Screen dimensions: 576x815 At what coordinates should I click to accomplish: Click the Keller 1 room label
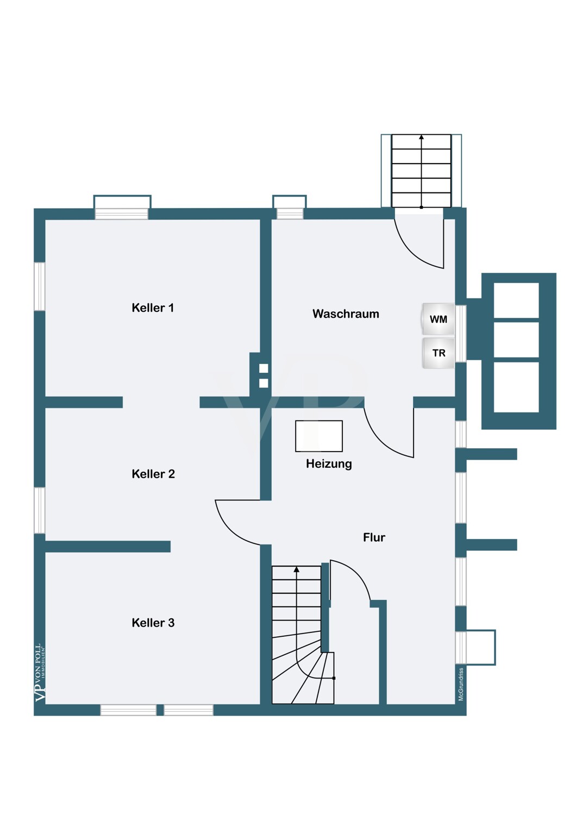(x=153, y=308)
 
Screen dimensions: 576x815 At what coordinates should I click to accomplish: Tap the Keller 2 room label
(x=153, y=474)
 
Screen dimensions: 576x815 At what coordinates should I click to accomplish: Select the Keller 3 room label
(x=153, y=623)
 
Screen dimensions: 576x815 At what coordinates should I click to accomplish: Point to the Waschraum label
(x=346, y=314)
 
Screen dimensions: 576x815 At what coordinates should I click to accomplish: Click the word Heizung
(x=329, y=464)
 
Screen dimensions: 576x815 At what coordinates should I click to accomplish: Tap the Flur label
(x=374, y=537)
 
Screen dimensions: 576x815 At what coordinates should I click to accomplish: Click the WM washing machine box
(x=438, y=319)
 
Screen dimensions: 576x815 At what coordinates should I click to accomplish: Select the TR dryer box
(x=439, y=353)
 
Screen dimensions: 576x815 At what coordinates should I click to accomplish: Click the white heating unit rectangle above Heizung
(x=319, y=436)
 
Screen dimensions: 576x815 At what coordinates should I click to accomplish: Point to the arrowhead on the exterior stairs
(x=421, y=137)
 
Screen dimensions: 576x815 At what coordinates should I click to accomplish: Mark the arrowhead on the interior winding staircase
(x=297, y=569)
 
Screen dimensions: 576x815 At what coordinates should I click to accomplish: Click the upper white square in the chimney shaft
(x=264, y=368)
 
